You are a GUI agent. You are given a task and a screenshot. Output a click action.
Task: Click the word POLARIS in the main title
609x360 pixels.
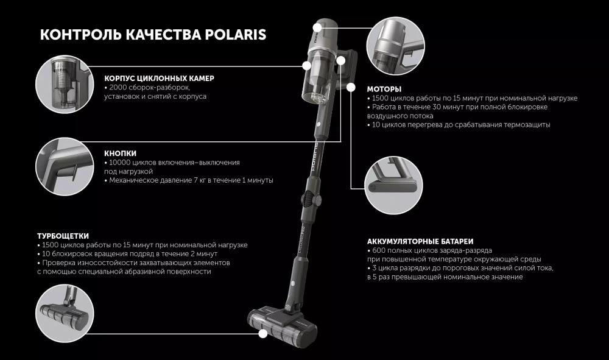(235, 35)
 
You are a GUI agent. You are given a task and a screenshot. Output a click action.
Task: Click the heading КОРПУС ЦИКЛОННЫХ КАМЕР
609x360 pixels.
(159, 78)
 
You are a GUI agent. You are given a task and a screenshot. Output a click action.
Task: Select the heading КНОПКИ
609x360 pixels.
(121, 154)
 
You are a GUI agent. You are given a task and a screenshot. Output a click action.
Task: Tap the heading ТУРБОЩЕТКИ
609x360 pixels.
(63, 236)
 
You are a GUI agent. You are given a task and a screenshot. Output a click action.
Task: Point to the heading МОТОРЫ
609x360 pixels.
(384, 89)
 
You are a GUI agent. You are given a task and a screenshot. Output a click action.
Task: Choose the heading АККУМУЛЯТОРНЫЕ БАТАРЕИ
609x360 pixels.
(420, 242)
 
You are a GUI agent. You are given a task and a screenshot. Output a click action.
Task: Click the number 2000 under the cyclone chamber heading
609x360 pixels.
(118, 87)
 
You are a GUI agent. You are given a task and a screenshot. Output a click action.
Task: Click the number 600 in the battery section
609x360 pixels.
(379, 250)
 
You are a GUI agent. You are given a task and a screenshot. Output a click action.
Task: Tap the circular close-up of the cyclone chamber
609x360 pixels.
(65, 84)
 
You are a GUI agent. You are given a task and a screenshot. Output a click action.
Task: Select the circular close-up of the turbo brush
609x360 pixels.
(65, 313)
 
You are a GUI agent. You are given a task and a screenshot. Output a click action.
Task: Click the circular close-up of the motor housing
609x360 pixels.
(396, 46)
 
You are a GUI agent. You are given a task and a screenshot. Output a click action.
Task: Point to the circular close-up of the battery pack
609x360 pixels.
(393, 185)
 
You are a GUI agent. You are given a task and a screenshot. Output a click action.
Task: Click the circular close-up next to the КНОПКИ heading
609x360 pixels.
(65, 167)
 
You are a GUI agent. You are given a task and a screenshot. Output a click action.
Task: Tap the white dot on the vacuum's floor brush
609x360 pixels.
(263, 333)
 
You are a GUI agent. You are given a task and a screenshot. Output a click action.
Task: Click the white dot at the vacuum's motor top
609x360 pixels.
(317, 27)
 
